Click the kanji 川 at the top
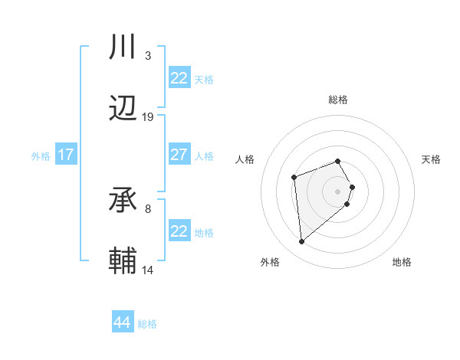click(123, 48)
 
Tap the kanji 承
click(123, 201)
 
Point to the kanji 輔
click(123, 261)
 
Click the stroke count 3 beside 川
click(147, 56)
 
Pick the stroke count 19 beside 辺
click(148, 116)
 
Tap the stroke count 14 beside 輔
click(148, 270)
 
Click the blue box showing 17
click(66, 155)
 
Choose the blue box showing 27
click(179, 155)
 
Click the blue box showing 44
click(123, 322)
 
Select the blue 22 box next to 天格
click(179, 78)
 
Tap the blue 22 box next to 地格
click(179, 231)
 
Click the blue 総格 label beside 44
click(147, 324)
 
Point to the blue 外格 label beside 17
click(41, 156)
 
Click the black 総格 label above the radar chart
click(337, 100)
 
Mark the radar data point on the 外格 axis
click(302, 242)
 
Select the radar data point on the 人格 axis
click(294, 178)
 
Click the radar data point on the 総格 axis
click(337, 161)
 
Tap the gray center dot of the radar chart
click(337, 191)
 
